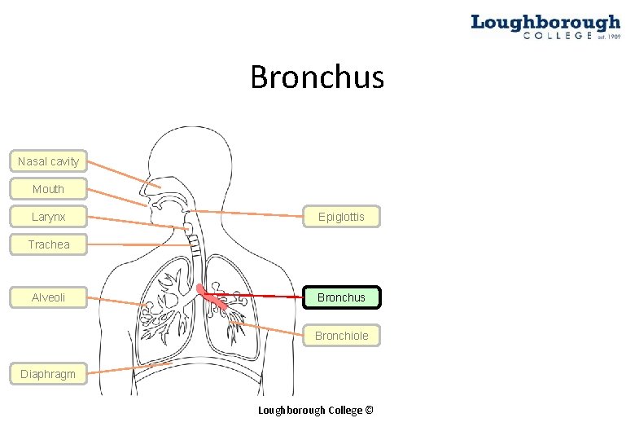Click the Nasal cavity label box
coord(48,161)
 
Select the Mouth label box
coord(48,189)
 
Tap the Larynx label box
coord(48,217)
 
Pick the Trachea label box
coord(48,244)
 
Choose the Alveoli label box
coord(48,297)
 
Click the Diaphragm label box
coord(48,374)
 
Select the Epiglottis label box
coord(341,217)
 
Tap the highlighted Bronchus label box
coord(341,297)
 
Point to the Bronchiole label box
coord(341,336)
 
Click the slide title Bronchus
coord(317,78)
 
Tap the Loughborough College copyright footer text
coord(315,410)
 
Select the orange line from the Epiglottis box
coord(252,213)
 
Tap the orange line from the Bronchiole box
coord(269,329)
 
